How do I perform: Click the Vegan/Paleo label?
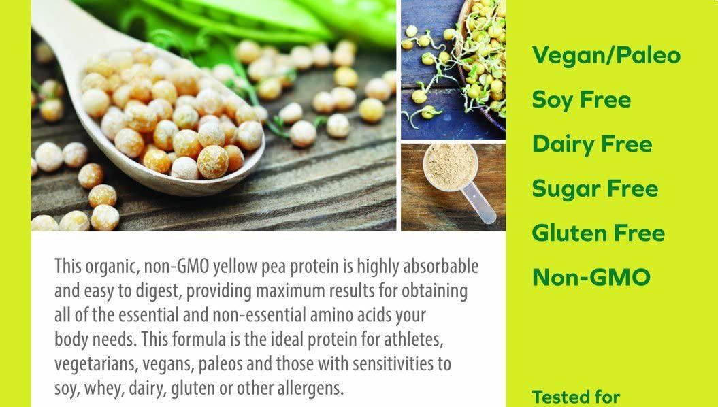click(606, 55)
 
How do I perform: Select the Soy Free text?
click(581, 100)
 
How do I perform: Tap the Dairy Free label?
click(592, 144)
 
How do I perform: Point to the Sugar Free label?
click(595, 189)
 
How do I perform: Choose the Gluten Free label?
click(598, 233)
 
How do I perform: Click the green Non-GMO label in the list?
click(591, 277)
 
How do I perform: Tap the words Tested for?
click(576, 397)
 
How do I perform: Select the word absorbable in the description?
click(440, 266)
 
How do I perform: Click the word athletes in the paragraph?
click(414, 340)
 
